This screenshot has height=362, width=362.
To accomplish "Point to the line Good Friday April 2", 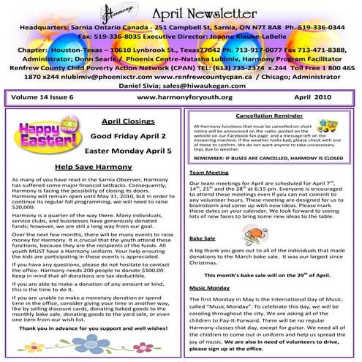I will [x=129, y=135].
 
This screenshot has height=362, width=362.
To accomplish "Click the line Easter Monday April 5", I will [x=129, y=151].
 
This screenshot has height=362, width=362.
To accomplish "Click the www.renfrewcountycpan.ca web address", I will [x=217, y=75].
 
